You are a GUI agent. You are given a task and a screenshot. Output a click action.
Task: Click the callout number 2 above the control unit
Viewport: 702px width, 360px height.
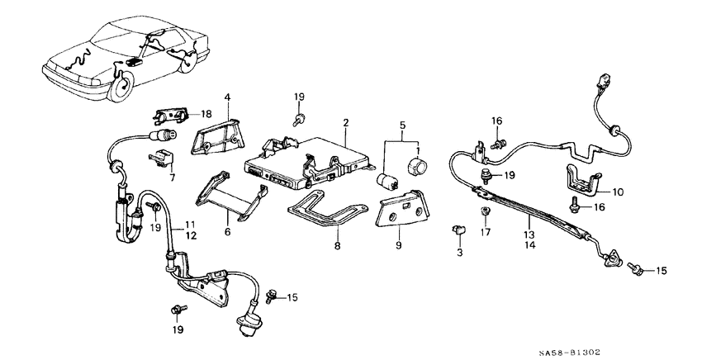point(346,122)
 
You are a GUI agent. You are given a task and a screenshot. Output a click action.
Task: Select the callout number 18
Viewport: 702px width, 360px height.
point(206,114)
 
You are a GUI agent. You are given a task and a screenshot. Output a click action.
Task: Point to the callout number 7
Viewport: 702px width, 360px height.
point(172,178)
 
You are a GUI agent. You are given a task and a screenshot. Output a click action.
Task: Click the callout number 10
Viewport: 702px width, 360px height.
point(618,192)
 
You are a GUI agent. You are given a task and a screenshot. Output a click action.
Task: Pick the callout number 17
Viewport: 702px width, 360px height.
point(486,233)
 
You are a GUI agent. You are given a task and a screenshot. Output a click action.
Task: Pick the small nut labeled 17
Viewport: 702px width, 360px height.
point(486,212)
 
